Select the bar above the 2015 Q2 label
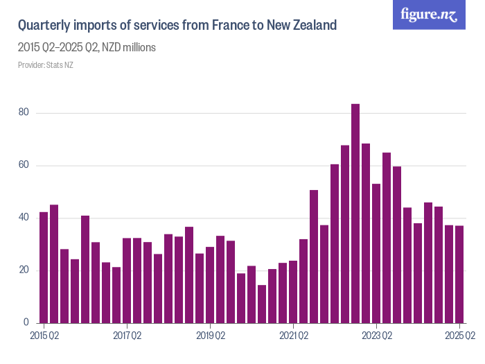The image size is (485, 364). (44, 268)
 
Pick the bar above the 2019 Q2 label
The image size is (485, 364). (210, 285)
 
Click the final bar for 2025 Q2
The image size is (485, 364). (459, 275)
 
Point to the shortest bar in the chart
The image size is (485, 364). (262, 304)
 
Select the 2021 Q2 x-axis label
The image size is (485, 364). (294, 336)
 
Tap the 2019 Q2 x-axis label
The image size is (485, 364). (211, 336)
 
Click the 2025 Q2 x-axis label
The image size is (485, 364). (459, 336)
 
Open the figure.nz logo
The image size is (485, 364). (429, 15)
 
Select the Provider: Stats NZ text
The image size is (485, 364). (45, 65)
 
